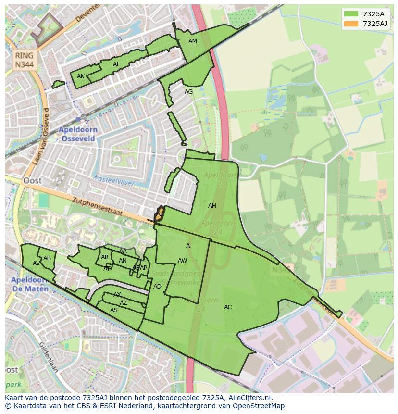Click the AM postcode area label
pos(192,41)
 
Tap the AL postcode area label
pos(116,64)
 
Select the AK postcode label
pos(81,76)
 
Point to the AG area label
pos(188,92)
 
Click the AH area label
pos(212,206)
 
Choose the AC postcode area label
pos(228,307)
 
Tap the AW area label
pos(182,261)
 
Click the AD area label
pos(157,287)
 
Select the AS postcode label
pos(114,310)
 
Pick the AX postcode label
pos(117,295)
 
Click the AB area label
pos(47,258)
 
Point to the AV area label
pos(36,263)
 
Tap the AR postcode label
pos(105,257)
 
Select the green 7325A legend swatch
pos(351,14)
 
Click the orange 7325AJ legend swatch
pos(351,24)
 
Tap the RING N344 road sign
pos(24,60)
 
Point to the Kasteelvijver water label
pos(115,180)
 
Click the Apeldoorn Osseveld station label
pos(78,134)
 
